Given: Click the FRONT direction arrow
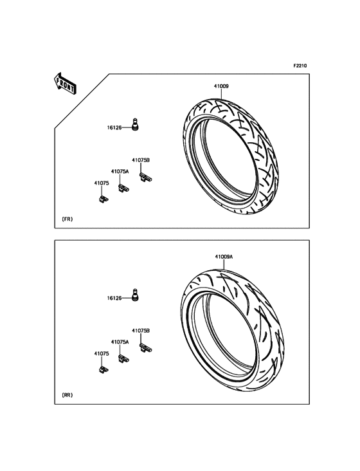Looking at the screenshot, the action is pyautogui.click(x=65, y=84).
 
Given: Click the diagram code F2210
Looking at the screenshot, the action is pyautogui.click(x=300, y=66).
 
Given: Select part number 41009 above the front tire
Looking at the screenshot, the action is pyautogui.click(x=221, y=86).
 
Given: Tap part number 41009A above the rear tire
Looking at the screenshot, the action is pyautogui.click(x=224, y=257).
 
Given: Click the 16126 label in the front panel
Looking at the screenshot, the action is pyautogui.click(x=114, y=127).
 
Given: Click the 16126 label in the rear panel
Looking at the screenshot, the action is pyautogui.click(x=114, y=299).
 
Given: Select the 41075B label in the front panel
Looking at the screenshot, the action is pyautogui.click(x=141, y=160).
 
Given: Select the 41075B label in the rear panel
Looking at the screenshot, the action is pyautogui.click(x=141, y=331).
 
